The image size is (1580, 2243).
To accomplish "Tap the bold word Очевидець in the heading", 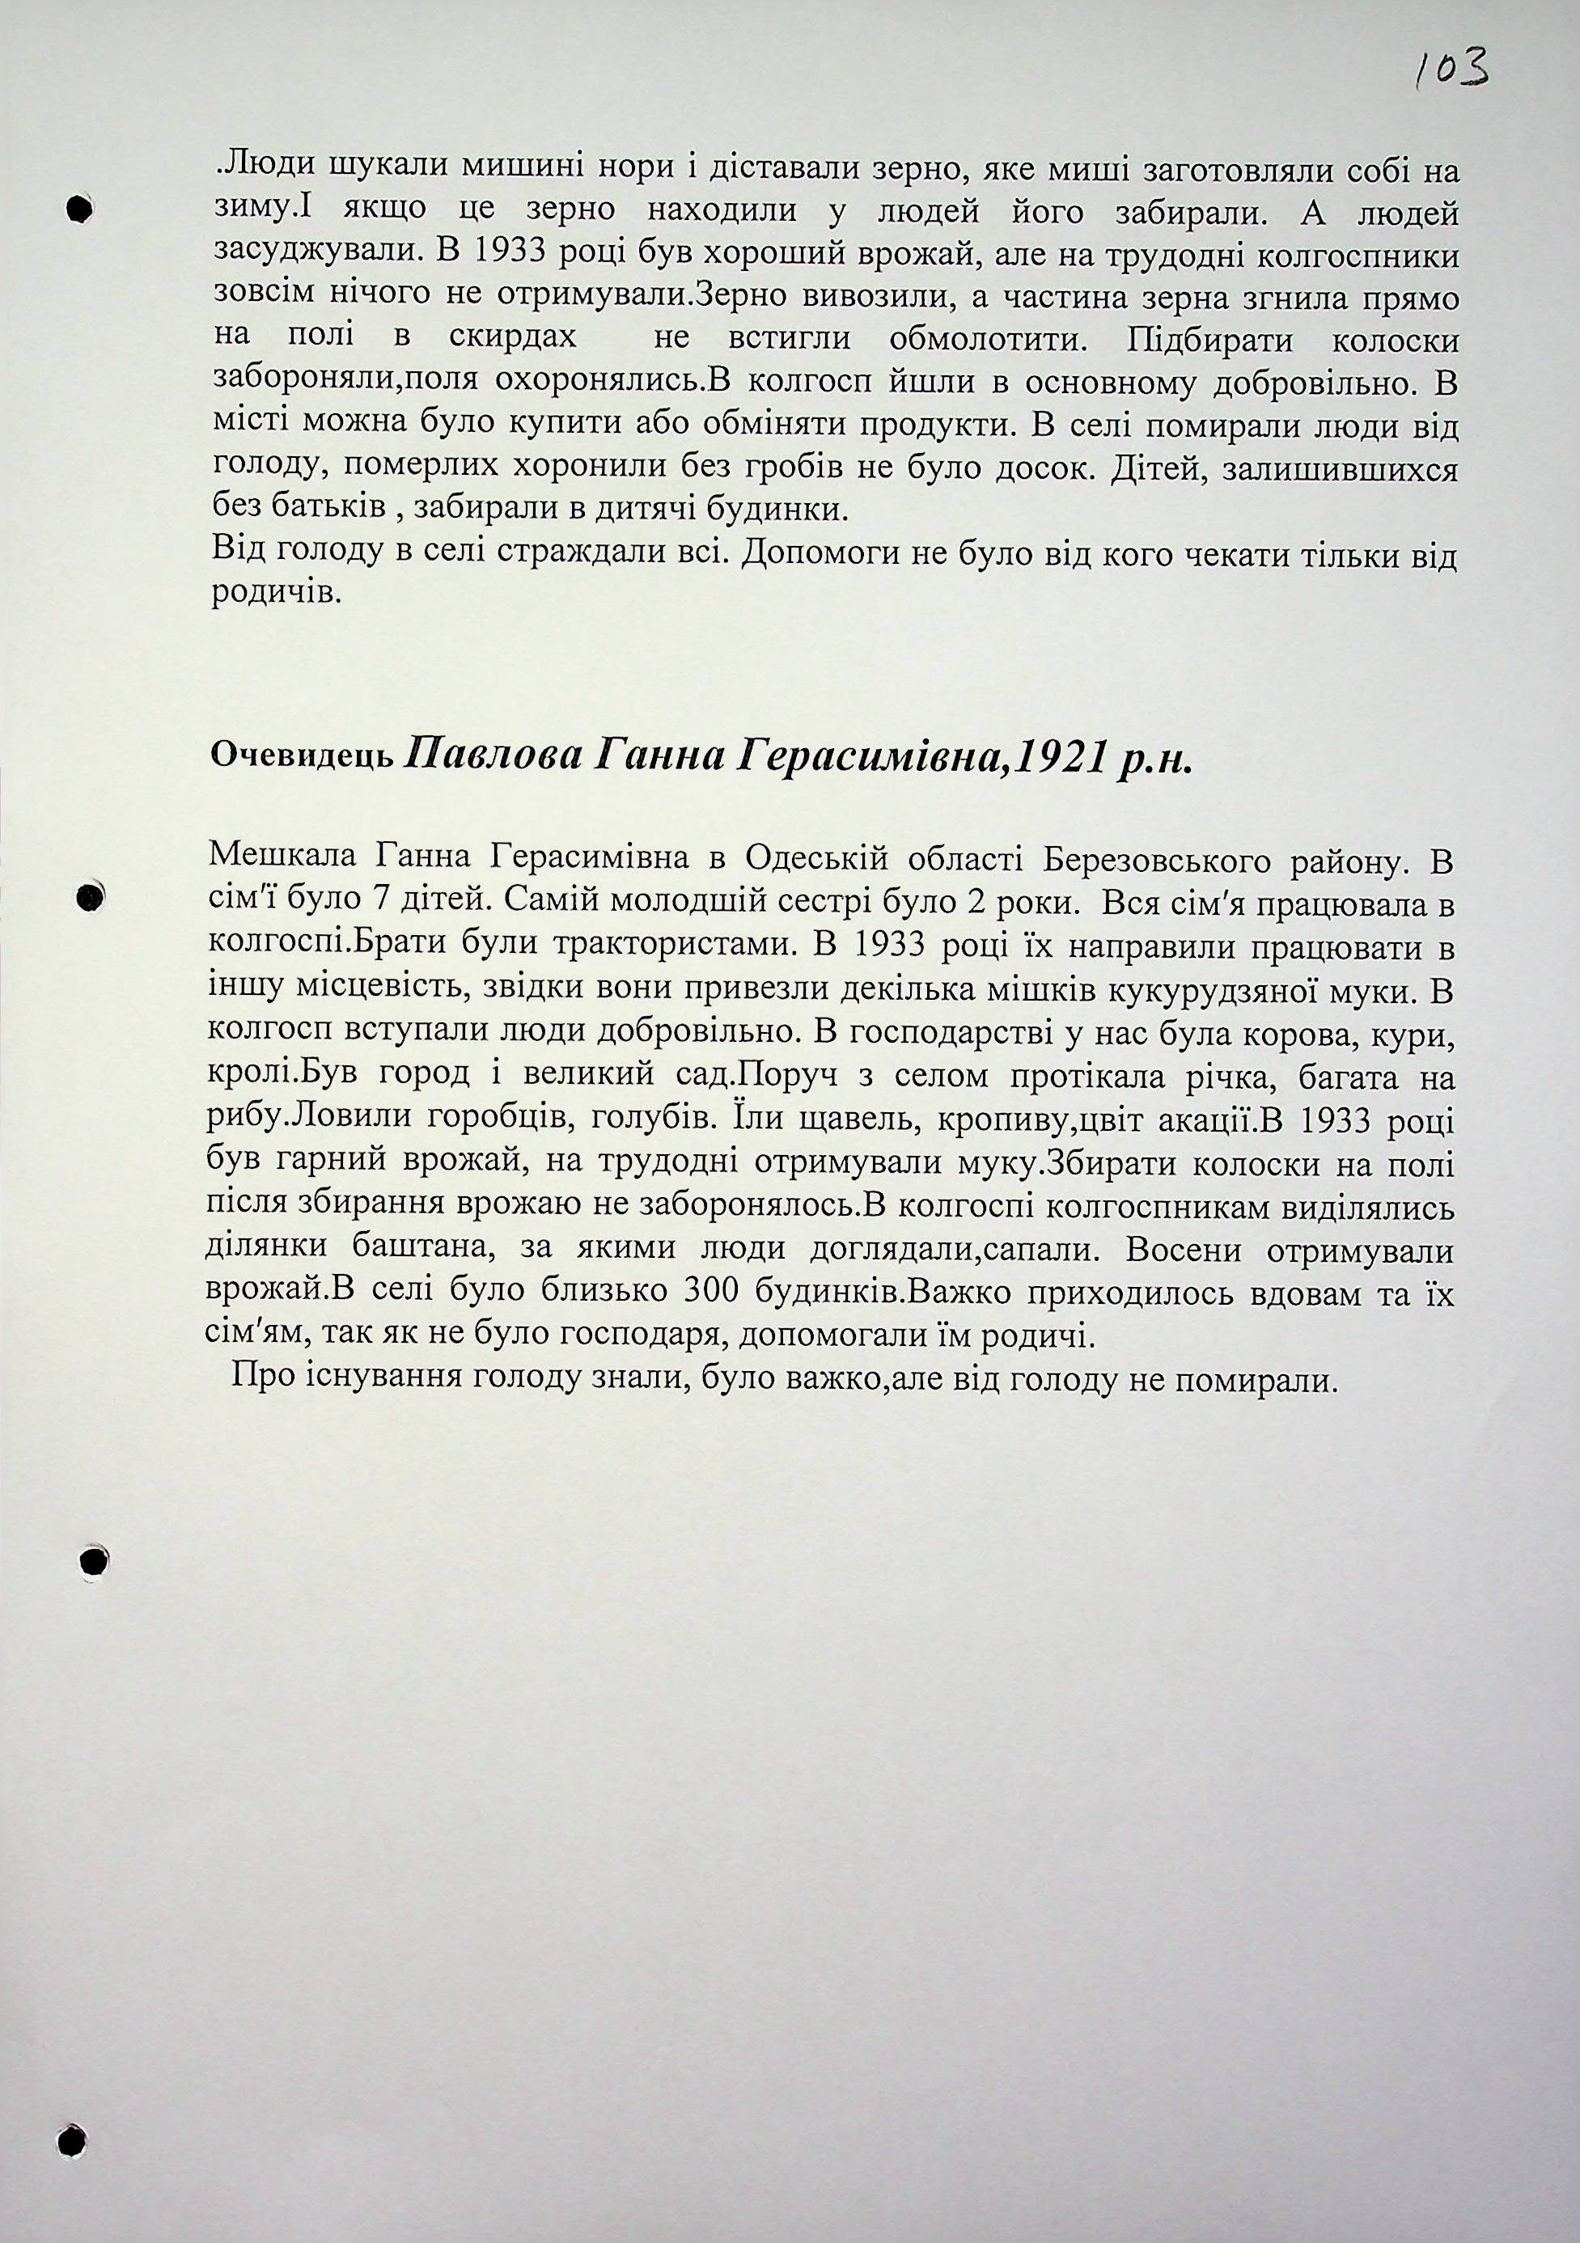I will click(x=303, y=759).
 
